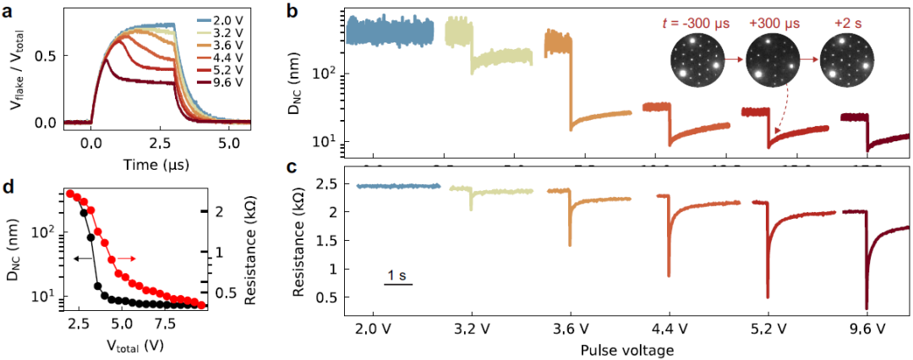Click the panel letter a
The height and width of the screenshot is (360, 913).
[x=8, y=10]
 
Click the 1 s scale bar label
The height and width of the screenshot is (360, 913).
[x=398, y=275]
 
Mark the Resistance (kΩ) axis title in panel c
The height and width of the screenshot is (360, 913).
[x=298, y=238]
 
